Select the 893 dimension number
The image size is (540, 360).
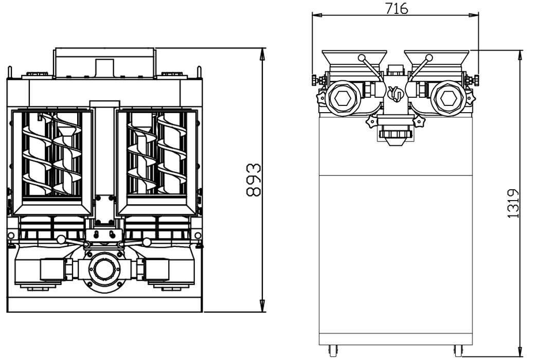point(253,180)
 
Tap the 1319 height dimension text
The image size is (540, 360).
point(513,203)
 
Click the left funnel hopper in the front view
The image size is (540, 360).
point(354,60)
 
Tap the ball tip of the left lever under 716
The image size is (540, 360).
point(362,58)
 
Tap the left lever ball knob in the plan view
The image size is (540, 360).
point(61,240)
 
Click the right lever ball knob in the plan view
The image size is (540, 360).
point(147,241)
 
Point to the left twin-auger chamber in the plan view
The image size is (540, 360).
point(52,162)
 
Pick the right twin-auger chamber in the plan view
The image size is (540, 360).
point(157,162)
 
